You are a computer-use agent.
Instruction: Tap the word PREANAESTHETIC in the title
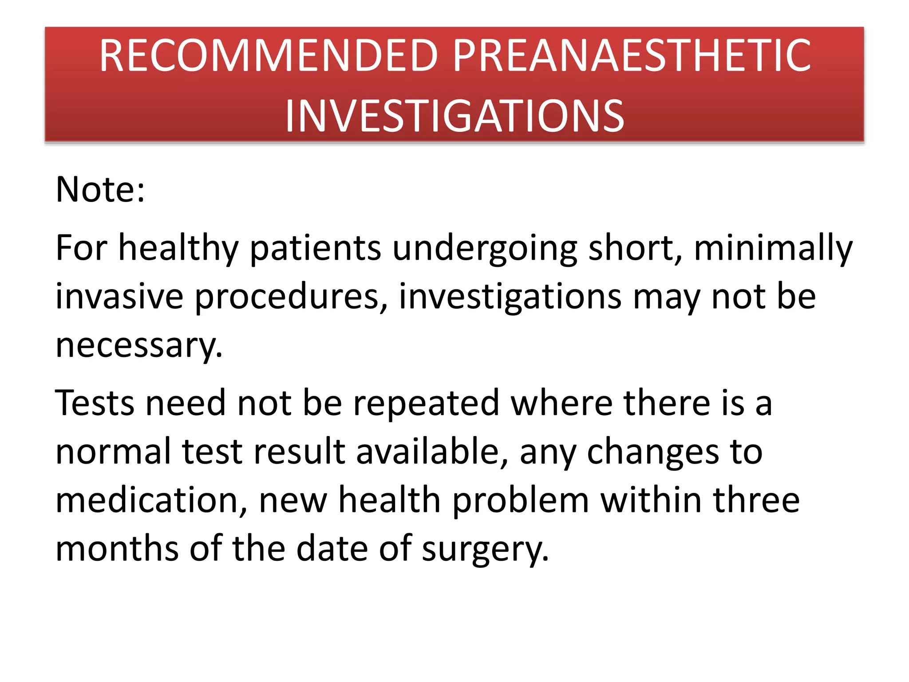tap(632, 56)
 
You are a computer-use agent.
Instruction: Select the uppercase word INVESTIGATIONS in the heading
tap(454, 116)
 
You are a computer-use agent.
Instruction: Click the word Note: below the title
tap(100, 190)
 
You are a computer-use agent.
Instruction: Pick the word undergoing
tap(485, 249)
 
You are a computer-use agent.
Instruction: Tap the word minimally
tap(773, 249)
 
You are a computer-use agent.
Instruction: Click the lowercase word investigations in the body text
tap(510, 297)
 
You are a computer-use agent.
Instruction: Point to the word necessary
tap(138, 346)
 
